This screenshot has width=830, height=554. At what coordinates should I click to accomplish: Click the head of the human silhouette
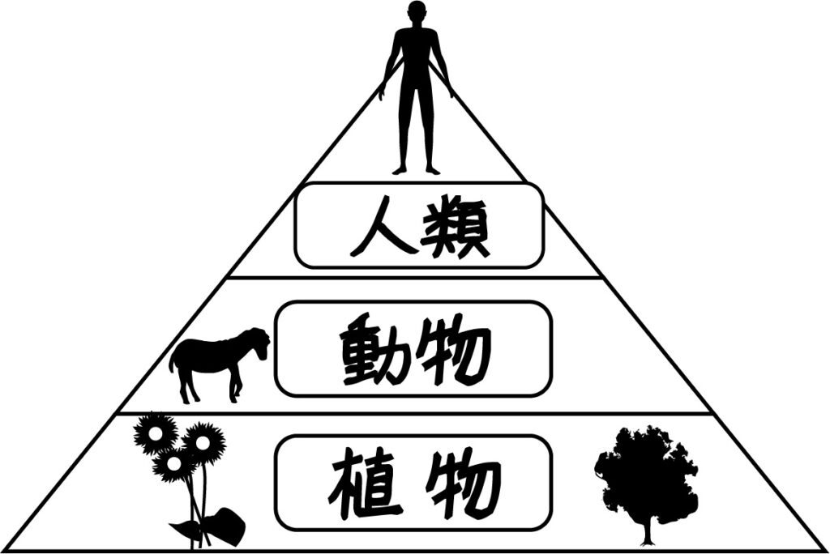coord(417,14)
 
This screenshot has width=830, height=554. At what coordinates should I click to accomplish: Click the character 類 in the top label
coord(459,227)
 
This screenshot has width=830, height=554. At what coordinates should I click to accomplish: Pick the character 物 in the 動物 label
coord(459,350)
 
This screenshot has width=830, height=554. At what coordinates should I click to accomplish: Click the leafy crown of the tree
coord(644,470)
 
